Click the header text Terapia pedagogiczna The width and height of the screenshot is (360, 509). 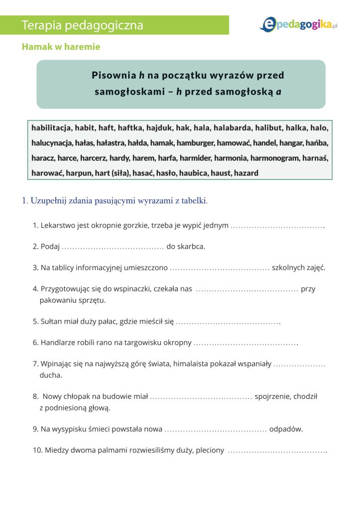click(x=83, y=25)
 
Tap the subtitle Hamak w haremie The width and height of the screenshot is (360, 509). click(x=61, y=47)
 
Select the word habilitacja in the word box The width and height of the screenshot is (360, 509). click(x=51, y=127)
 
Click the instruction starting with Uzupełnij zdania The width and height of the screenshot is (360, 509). click(x=115, y=201)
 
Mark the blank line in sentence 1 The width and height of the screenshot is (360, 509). click(x=277, y=226)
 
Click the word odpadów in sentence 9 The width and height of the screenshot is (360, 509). click(x=286, y=429)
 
